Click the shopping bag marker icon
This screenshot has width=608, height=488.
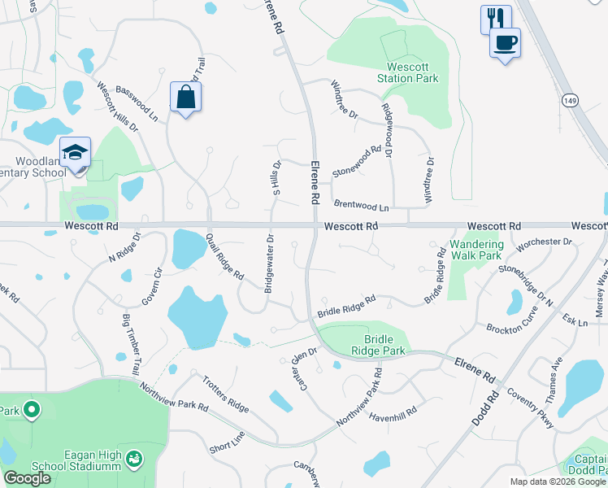pyautogui.click(x=186, y=97)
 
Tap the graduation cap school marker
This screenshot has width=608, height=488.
pyautogui.click(x=74, y=152)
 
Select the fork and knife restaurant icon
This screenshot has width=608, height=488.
pyautogui.click(x=496, y=17)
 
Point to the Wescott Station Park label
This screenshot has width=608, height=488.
pyautogui.click(x=408, y=72)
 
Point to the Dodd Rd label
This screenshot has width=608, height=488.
pyautogui.click(x=484, y=412)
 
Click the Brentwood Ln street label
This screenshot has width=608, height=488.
pyautogui.click(x=362, y=207)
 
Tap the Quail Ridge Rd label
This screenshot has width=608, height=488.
pyautogui.click(x=225, y=256)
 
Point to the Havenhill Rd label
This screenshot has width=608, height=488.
pyautogui.click(x=393, y=414)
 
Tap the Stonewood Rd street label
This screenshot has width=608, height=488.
pyautogui.click(x=357, y=160)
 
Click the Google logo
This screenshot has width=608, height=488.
pyautogui.click(x=27, y=478)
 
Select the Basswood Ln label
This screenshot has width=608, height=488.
pyautogui.click(x=137, y=103)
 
